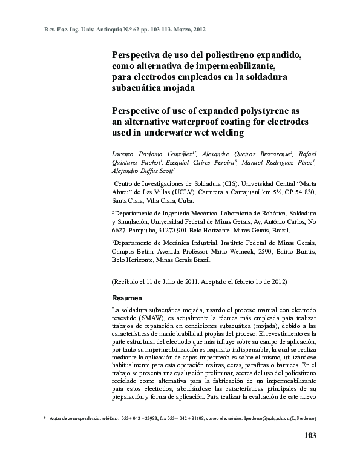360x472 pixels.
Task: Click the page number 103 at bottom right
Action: point(309,436)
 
